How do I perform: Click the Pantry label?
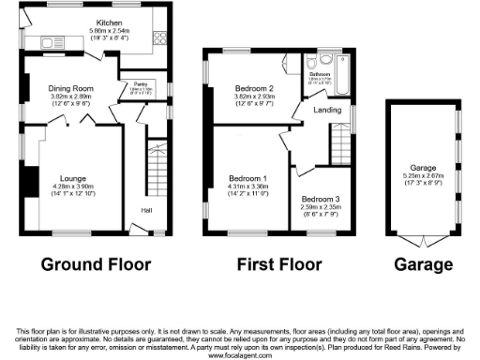(142, 84)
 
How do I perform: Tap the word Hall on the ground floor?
(148, 210)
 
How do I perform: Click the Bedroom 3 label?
(320, 199)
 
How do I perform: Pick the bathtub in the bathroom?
(341, 78)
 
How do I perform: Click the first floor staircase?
(338, 145)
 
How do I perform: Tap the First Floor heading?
(278, 264)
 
